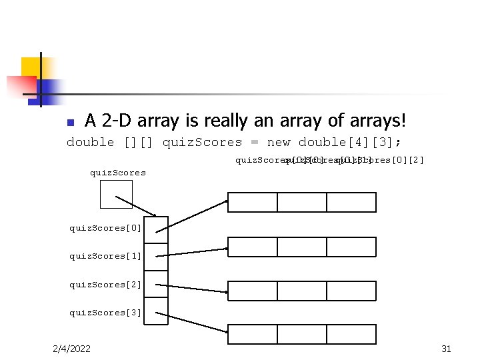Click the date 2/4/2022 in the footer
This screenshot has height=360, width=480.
73,349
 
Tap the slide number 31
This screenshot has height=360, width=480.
447,349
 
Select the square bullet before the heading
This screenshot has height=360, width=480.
71,123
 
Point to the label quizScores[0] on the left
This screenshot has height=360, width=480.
106,228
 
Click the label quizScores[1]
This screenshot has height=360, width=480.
106,256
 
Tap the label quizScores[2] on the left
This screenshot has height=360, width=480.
106,285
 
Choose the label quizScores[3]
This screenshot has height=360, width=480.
106,313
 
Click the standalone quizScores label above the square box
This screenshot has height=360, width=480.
118,173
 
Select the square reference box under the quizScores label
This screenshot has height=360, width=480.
116,194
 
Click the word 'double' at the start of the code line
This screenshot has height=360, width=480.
90,143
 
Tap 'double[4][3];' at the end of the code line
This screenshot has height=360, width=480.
350,143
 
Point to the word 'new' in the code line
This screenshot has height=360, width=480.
279,143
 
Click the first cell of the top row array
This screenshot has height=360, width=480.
253,202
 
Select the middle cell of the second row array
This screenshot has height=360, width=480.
302,247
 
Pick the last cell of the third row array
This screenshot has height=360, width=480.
351,291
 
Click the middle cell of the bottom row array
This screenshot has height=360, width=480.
302,334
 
